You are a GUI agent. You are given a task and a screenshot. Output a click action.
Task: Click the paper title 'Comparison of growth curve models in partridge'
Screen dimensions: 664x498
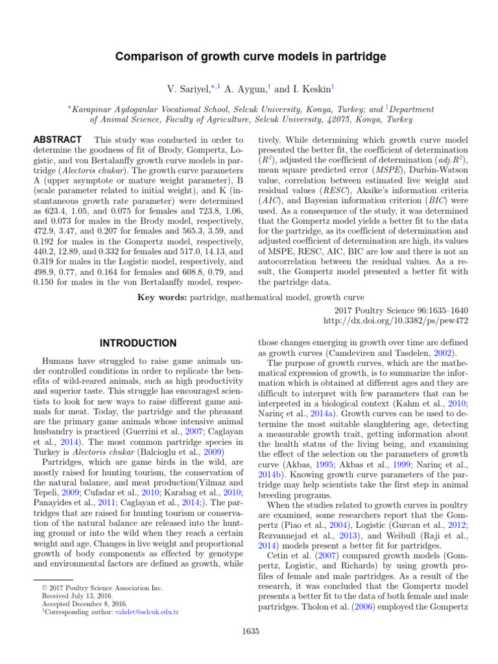(250, 57)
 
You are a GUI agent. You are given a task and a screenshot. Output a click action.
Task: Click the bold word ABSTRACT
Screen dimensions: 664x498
(56, 140)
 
